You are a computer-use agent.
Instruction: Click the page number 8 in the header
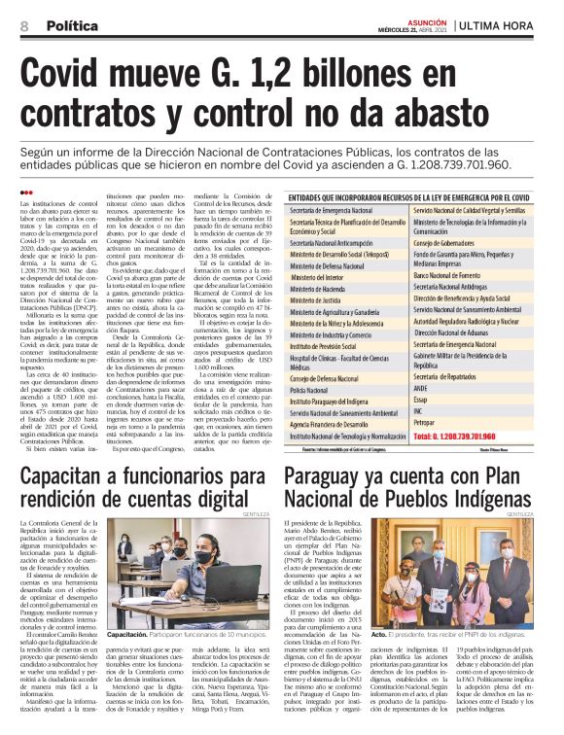click(23, 25)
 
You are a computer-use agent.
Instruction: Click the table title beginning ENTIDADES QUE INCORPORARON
click(408, 198)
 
